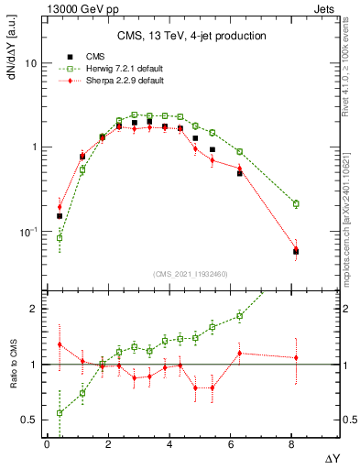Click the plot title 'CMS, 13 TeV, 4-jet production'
pyautogui.click(x=191, y=36)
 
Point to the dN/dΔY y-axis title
pyautogui.click(x=12, y=49)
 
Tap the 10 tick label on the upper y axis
pyautogui.click(x=30, y=63)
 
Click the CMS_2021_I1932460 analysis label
pyautogui.click(x=191, y=274)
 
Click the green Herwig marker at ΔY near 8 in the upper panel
pyautogui.click(x=296, y=203)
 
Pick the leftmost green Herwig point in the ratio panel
pyautogui.click(x=60, y=413)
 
